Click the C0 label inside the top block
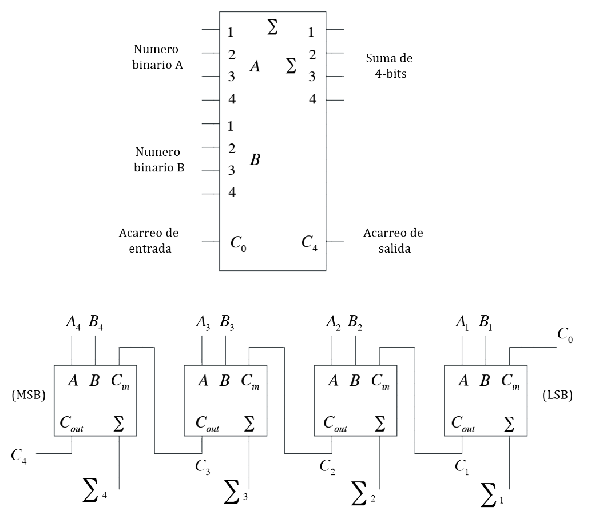tap(239, 243)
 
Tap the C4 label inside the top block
tap(310, 242)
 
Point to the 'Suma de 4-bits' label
tap(388, 66)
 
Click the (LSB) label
tap(556, 396)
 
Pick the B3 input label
tap(226, 328)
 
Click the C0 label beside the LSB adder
tap(565, 336)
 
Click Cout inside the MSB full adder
tap(72, 424)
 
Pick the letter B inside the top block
tap(255, 160)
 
